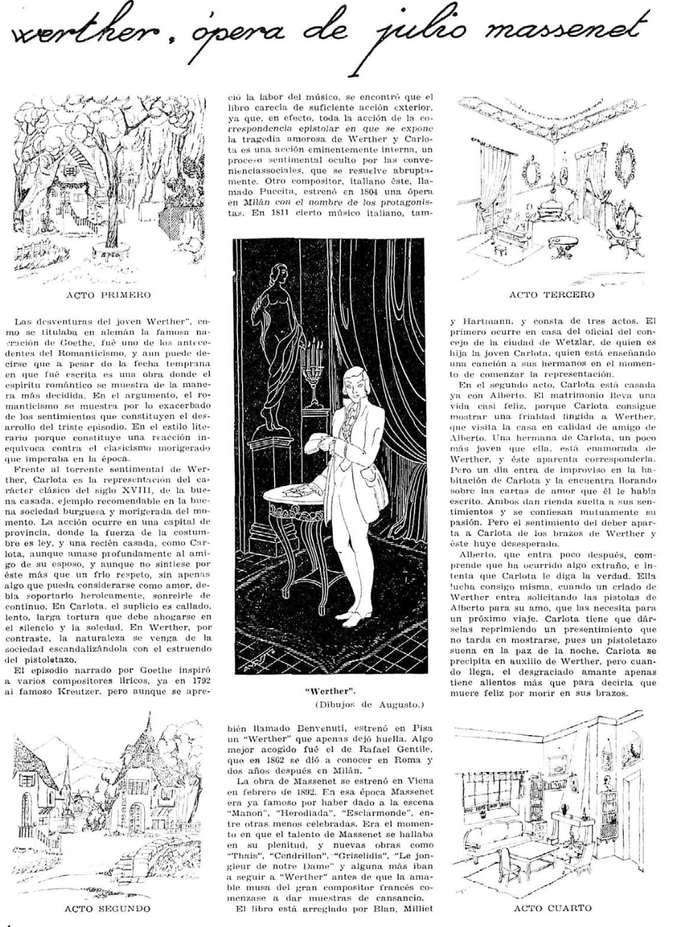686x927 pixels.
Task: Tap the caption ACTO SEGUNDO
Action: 108,908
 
